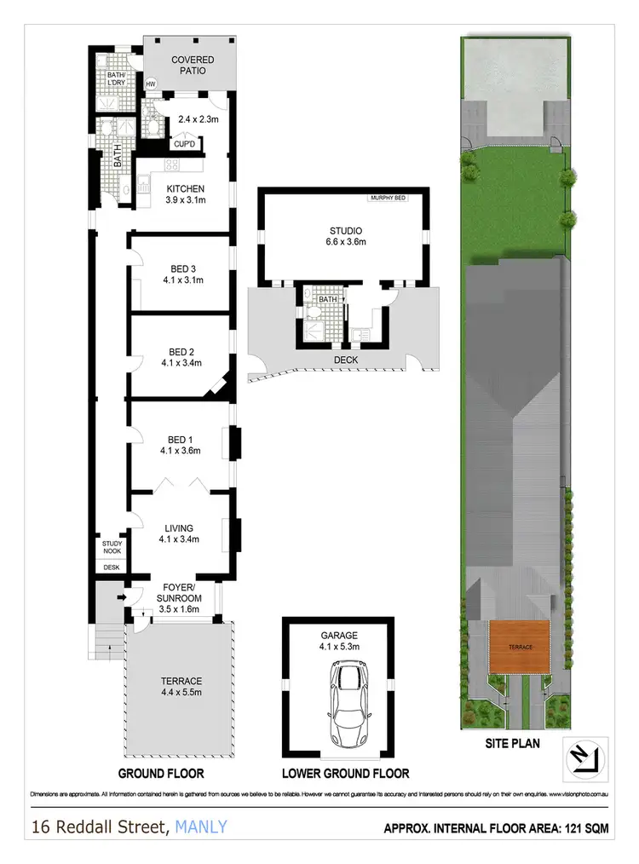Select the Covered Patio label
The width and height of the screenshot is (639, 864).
[193, 66]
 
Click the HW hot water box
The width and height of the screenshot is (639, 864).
[152, 84]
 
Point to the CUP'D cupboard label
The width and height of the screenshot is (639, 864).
[185, 144]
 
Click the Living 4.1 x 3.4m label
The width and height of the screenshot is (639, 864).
[179, 533]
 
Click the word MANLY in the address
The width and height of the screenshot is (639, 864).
[201, 827]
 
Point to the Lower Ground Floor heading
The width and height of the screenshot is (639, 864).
[346, 774]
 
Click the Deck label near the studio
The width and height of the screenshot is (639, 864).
[347, 360]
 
